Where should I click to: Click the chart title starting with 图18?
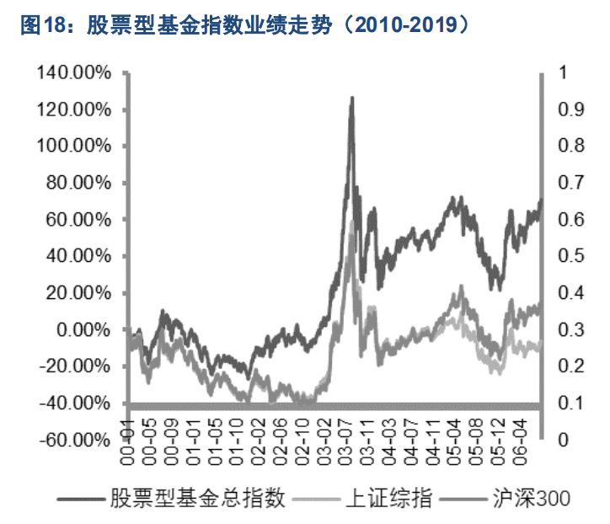(x=244, y=23)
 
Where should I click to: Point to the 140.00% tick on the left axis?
(x=73, y=73)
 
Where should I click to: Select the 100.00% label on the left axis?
(x=73, y=147)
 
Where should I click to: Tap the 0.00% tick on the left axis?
(x=81, y=330)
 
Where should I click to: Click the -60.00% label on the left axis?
(x=75, y=440)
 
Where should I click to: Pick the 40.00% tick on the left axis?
(x=78, y=257)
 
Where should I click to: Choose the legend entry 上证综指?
(x=389, y=499)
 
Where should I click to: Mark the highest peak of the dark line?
(x=351, y=98)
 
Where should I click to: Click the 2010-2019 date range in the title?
(x=405, y=23)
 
